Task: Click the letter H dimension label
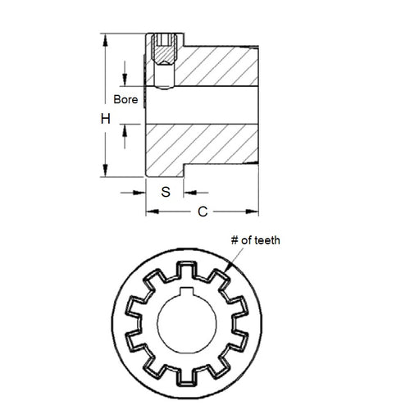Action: [x=105, y=120]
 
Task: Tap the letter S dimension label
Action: [x=165, y=193]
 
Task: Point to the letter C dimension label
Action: [x=203, y=212]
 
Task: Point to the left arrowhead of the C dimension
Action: [x=150, y=212]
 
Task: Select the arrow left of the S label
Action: [x=140, y=193]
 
